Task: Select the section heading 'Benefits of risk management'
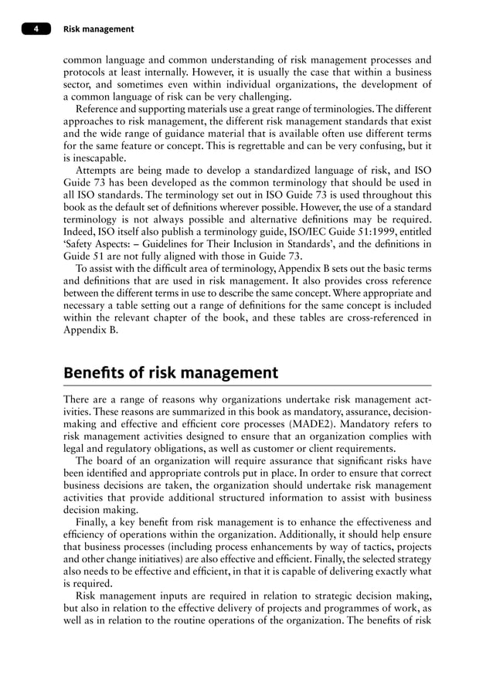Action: pos(170,373)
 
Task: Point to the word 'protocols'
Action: pos(87,72)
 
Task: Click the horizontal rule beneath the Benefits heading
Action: pos(246,385)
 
